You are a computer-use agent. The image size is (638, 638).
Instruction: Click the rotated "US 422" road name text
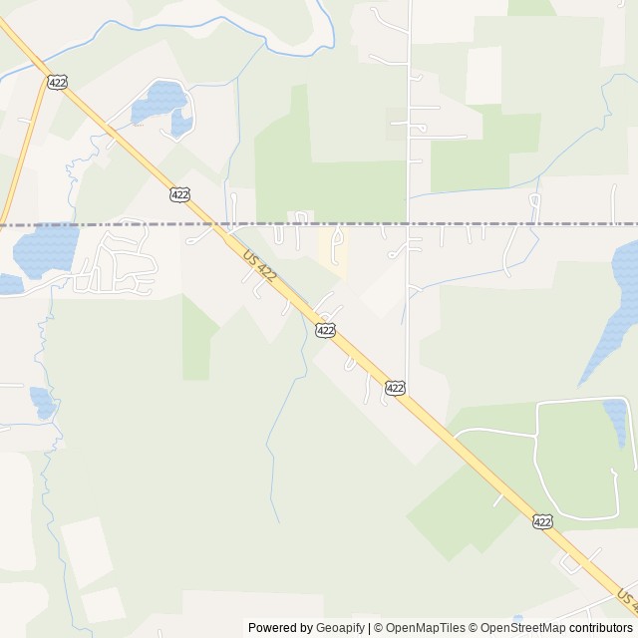257,268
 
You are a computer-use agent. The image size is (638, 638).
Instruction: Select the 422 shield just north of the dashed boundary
179,194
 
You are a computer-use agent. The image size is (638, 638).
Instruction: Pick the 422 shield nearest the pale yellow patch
325,329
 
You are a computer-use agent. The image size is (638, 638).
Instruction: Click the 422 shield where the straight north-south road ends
395,387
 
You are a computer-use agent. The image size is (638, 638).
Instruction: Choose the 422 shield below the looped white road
541,521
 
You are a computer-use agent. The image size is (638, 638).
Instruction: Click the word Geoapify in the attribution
340,628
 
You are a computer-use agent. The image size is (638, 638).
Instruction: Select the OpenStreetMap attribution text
521,628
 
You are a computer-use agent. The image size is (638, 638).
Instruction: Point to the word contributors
600,628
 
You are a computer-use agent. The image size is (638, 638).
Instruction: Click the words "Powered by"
280,628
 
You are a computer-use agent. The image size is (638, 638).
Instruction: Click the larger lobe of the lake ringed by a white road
159,100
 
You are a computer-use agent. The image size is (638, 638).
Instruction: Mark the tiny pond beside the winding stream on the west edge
42,402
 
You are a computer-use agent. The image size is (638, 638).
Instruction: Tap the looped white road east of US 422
538,459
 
